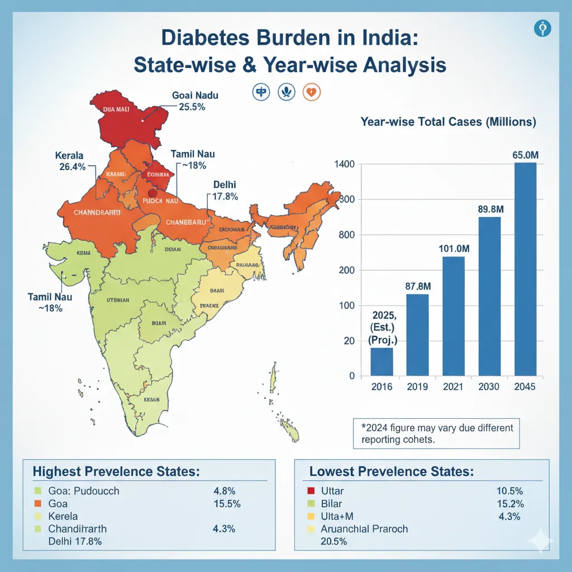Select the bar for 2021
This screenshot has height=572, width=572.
(453, 316)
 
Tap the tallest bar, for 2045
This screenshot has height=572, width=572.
(525, 269)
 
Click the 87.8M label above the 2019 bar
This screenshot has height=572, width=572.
(418, 285)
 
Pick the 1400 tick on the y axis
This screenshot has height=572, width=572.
(345, 164)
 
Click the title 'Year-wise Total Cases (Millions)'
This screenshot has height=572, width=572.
(448, 122)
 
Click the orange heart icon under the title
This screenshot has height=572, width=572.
(312, 92)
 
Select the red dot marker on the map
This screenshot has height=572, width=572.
(152, 193)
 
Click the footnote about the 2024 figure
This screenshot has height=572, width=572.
(437, 433)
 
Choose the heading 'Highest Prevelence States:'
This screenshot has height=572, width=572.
(116, 471)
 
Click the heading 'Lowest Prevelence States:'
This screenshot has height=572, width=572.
(392, 471)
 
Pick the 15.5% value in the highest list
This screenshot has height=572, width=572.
(227, 503)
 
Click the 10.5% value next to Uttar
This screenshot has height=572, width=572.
(509, 491)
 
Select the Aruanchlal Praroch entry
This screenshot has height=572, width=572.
(364, 528)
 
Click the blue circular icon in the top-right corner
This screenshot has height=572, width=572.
(542, 28)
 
